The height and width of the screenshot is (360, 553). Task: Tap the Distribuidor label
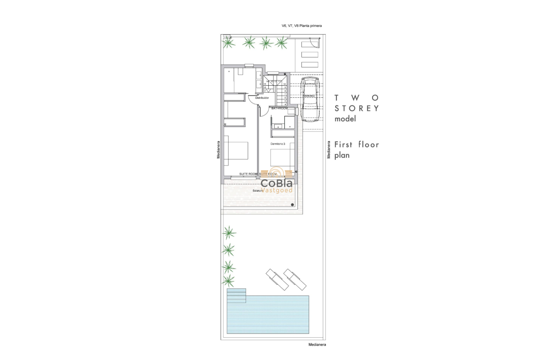coord(262,98)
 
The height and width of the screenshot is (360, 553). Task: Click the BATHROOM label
coord(280,109)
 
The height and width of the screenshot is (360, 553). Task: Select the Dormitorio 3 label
coord(278,144)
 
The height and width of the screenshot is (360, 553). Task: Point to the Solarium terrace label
coord(257,190)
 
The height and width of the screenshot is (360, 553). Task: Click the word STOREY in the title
coord(357,108)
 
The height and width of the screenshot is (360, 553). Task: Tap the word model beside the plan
coord(345,119)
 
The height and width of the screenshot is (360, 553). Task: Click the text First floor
coord(357,144)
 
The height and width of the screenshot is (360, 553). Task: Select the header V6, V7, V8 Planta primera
coord(301,26)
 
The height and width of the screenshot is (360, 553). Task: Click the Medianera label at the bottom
coord(318,344)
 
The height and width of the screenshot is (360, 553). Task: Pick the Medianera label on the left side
coord(218,150)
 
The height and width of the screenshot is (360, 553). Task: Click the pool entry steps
coord(236,296)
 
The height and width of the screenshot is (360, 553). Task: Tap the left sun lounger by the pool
coord(276,279)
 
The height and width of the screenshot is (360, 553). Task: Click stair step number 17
coord(265,91)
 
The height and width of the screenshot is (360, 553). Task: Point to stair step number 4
coord(285,104)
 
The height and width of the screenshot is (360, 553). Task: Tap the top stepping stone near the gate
coord(310,44)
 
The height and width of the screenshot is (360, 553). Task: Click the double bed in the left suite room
coord(236,153)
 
